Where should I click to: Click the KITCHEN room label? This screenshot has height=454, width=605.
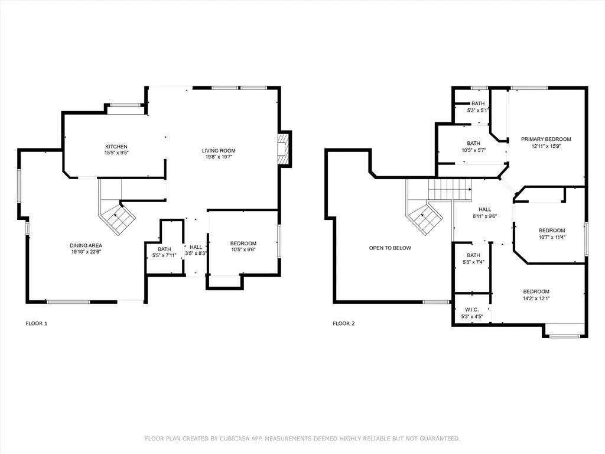pos(116,147)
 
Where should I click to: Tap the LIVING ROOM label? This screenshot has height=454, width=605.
pos(219,151)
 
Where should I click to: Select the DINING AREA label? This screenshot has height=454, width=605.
pos(86,245)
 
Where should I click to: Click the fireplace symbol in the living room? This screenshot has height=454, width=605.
pos(284,149)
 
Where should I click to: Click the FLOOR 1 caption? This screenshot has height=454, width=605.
pos(36,323)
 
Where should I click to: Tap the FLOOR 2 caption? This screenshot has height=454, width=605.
pos(343,323)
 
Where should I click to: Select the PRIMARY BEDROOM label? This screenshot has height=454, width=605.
pos(546,139)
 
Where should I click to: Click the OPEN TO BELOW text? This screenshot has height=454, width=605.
pos(390,248)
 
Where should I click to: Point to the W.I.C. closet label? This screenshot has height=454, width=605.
pos(472,310)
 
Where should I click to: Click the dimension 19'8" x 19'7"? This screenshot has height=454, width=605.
pos(219,157)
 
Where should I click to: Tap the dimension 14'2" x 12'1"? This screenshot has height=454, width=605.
pos(536,298)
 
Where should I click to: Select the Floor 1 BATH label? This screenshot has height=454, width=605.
pos(164,249)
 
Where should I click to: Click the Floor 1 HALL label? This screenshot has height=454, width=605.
pos(196,247)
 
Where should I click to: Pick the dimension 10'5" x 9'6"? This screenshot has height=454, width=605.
pos(243,250)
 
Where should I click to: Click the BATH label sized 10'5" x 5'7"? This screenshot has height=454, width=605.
pos(473,143)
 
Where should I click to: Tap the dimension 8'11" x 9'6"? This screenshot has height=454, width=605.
pos(485,216)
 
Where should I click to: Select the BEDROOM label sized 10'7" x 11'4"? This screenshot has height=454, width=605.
pos(552,231)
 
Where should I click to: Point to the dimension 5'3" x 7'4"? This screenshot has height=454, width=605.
pos(473,262)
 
